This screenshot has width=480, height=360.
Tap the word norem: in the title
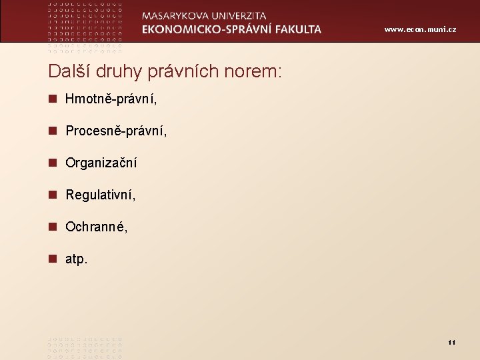254,71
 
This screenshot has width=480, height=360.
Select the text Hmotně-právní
110,99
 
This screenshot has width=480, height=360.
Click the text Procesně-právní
116,131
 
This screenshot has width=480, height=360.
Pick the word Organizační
101,163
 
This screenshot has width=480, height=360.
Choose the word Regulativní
101,195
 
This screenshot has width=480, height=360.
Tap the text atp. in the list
76,259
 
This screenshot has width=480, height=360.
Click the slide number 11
451,343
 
